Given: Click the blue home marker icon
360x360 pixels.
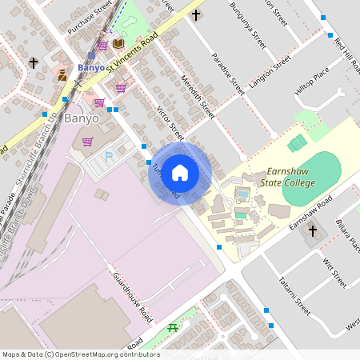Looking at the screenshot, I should pyautogui.click(x=180, y=172).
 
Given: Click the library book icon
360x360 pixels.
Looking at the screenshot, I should pyautogui.click(x=118, y=43).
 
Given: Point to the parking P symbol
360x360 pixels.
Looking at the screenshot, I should pyautogui.click(x=109, y=158).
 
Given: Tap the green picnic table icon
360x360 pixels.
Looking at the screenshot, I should pyautogui.click(x=172, y=328).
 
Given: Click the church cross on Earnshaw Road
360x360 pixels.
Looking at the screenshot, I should pyautogui.click(x=313, y=231).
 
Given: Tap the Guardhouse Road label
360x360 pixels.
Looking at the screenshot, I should pyautogui.click(x=133, y=296).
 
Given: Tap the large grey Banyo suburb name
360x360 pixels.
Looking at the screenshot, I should pyautogui.click(x=82, y=118).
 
